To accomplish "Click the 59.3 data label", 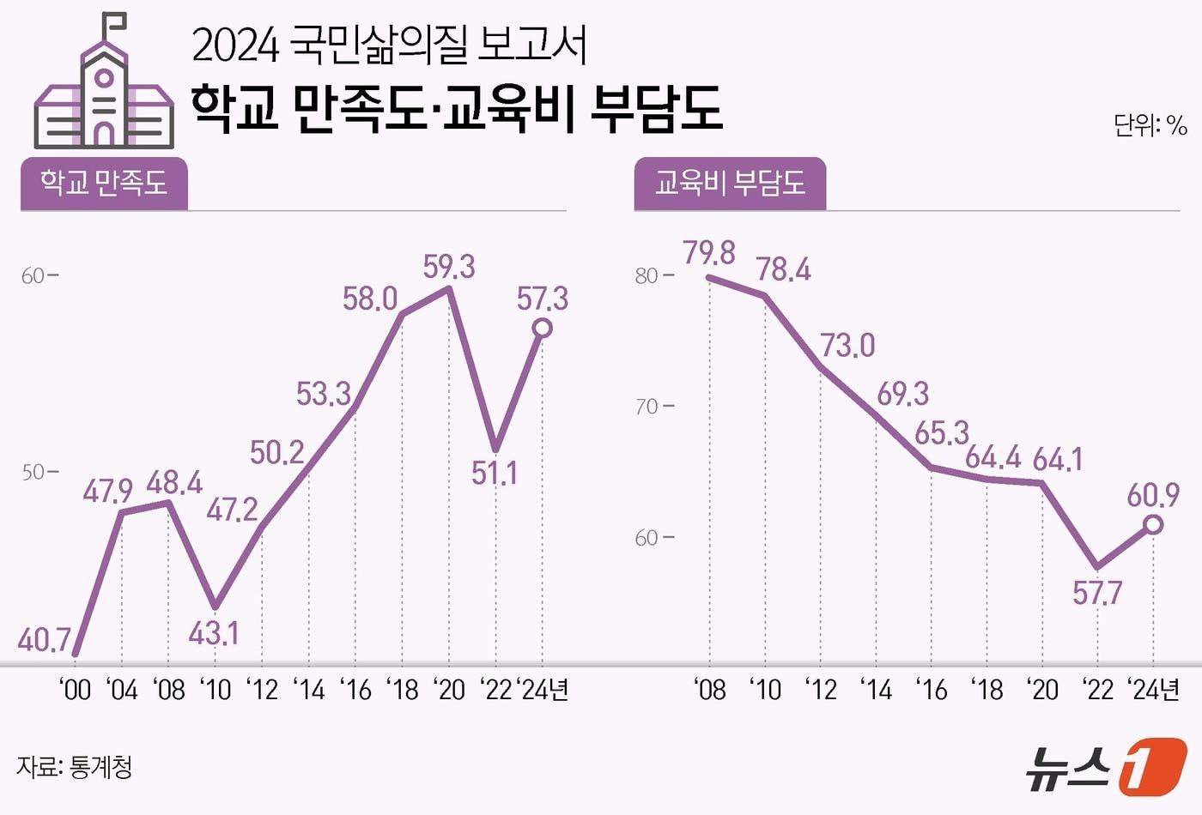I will [x=449, y=267].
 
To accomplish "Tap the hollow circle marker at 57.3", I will [x=542, y=328].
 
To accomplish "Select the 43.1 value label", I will [x=214, y=633].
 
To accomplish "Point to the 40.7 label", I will [x=44, y=639].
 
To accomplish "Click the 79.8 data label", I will [x=709, y=253].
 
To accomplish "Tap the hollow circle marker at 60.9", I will [x=1154, y=523].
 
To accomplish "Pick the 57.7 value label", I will [x=1097, y=593].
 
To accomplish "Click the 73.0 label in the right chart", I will [x=847, y=345].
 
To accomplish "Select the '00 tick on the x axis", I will [x=76, y=690].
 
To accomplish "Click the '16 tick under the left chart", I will [x=355, y=690].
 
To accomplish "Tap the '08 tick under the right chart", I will [x=709, y=690].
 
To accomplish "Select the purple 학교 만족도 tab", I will [x=104, y=184].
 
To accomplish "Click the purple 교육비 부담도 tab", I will [x=730, y=184].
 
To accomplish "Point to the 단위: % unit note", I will [x=1150, y=126].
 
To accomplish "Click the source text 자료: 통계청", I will [x=75, y=766].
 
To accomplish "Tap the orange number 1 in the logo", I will [x=1152, y=765].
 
